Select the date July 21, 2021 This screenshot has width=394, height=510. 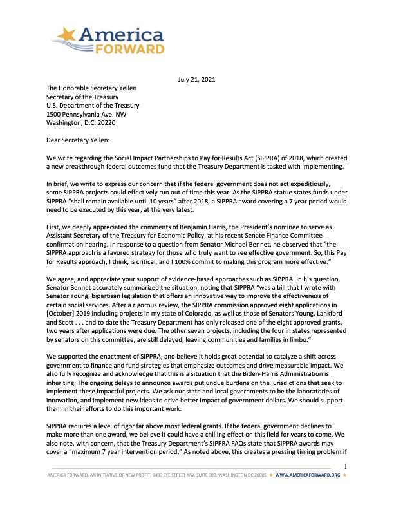click(196, 79)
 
